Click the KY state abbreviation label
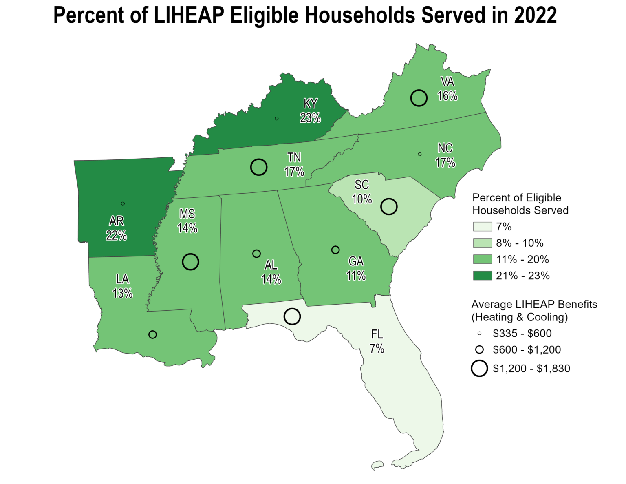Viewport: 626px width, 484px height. (310, 104)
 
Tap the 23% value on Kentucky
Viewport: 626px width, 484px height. (310, 118)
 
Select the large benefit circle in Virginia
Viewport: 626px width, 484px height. (419, 98)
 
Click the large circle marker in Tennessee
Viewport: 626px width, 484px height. (259, 167)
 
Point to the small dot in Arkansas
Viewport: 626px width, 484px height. (123, 203)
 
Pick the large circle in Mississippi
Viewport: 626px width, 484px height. (190, 262)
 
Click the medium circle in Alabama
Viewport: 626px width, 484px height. (256, 254)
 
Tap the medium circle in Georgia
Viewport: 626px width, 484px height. (335, 250)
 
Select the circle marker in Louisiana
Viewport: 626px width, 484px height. (152, 334)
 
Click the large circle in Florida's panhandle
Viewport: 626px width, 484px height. (292, 316)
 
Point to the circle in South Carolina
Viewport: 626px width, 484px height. (389, 207)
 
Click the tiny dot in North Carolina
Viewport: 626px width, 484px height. (420, 154)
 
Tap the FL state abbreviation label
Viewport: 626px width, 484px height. (377, 334)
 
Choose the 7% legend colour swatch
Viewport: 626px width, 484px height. (482, 227)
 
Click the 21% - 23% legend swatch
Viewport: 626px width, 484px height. (482, 276)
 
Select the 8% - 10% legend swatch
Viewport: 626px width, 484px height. (482, 243)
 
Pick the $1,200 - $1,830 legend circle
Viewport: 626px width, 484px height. (479, 369)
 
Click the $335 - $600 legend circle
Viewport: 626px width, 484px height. (479, 334)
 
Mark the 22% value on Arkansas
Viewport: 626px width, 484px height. (116, 235)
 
